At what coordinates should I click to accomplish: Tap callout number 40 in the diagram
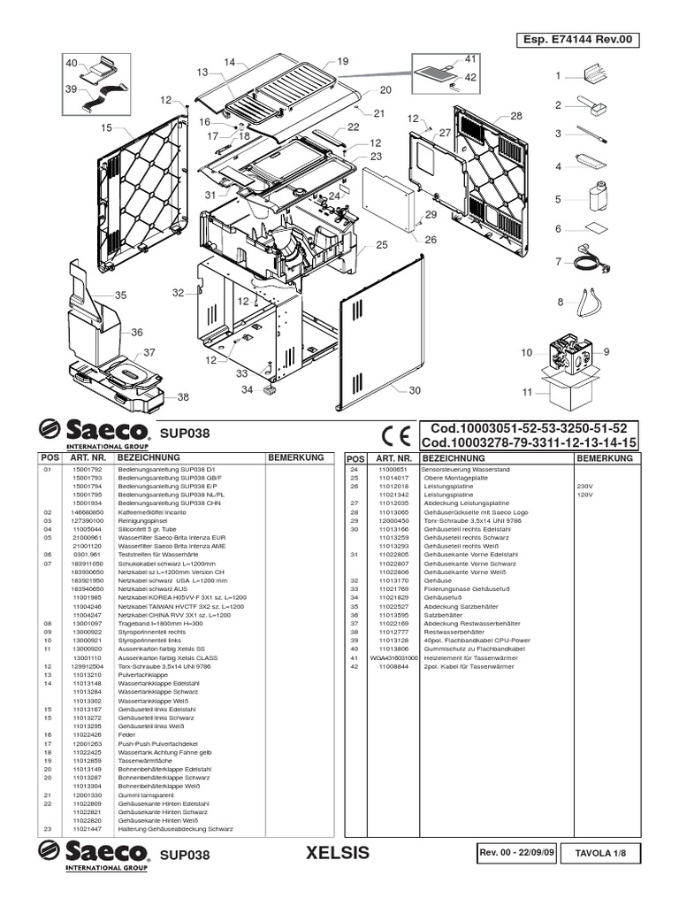[x=72, y=63]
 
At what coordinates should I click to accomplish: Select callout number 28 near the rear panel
[x=516, y=116]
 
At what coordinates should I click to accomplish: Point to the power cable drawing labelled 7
[x=585, y=260]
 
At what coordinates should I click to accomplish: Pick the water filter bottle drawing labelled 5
[x=593, y=197]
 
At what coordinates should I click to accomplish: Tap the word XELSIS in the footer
[x=335, y=854]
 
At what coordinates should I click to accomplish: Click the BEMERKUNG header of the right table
[x=604, y=459]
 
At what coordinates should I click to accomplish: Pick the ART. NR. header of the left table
[x=88, y=458]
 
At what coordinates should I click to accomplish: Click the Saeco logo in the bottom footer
[x=93, y=856]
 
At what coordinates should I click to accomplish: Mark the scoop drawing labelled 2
[x=591, y=107]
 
